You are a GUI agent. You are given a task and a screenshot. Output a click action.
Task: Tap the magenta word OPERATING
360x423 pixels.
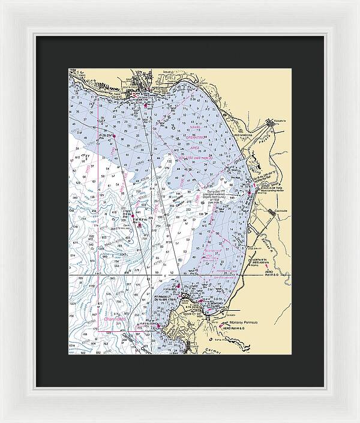click(196, 137)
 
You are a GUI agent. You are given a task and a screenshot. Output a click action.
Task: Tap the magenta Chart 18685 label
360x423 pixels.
click(115, 319)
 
